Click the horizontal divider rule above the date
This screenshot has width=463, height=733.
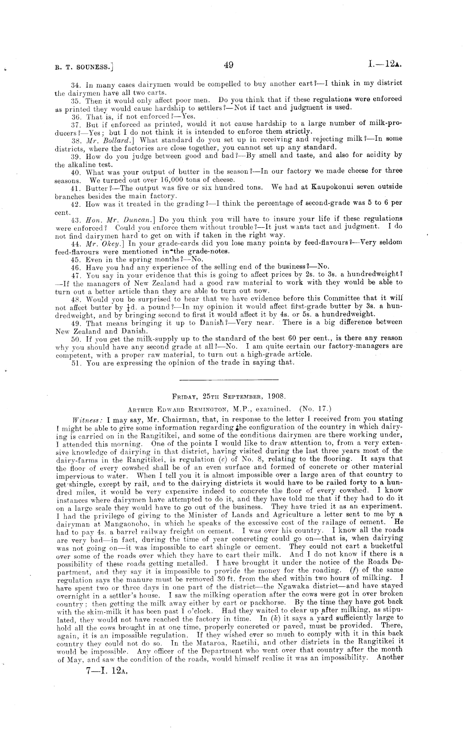tap(228, 379)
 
